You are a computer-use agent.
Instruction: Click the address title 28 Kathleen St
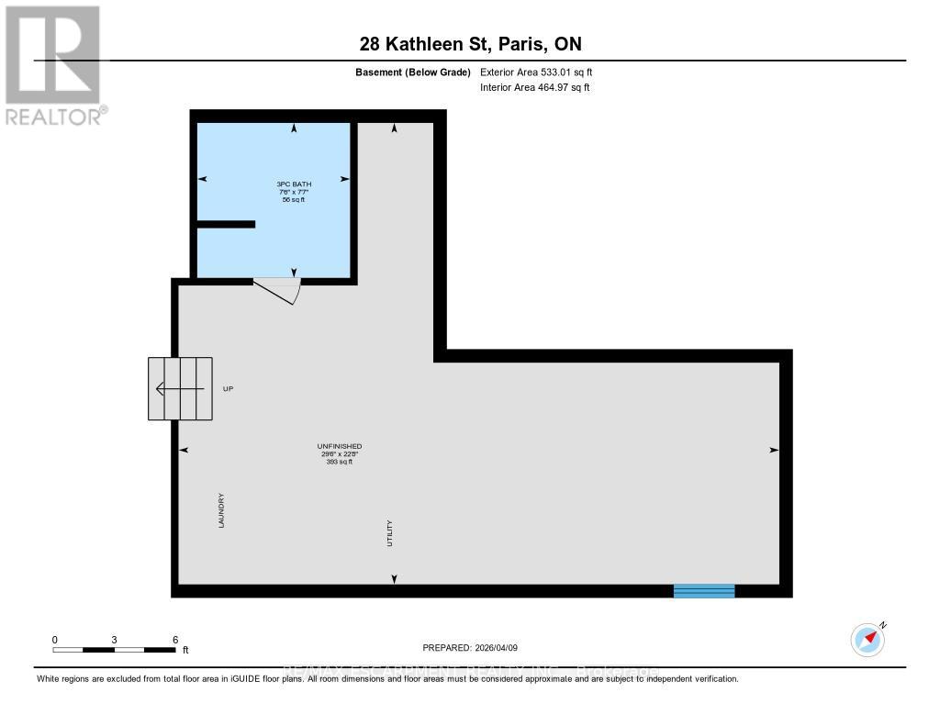pyautogui.click(x=469, y=44)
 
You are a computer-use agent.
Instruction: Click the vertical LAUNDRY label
pyautogui.click(x=221, y=509)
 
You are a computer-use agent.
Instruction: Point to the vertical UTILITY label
pyautogui.click(x=390, y=534)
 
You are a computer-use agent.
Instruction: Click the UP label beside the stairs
pyautogui.click(x=229, y=389)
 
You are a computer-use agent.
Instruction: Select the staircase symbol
pyautogui.click(x=180, y=388)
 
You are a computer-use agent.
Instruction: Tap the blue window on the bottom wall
pyautogui.click(x=704, y=591)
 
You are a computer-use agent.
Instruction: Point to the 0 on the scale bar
pyautogui.click(x=55, y=639)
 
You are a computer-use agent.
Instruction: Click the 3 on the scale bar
pyautogui.click(x=115, y=639)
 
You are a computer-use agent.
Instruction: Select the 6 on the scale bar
pyautogui.click(x=174, y=639)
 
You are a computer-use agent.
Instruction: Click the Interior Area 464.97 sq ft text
pyautogui.click(x=534, y=87)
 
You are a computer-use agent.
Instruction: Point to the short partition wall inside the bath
pyautogui.click(x=226, y=224)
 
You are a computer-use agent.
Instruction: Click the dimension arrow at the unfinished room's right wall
pyautogui.click(x=773, y=450)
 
